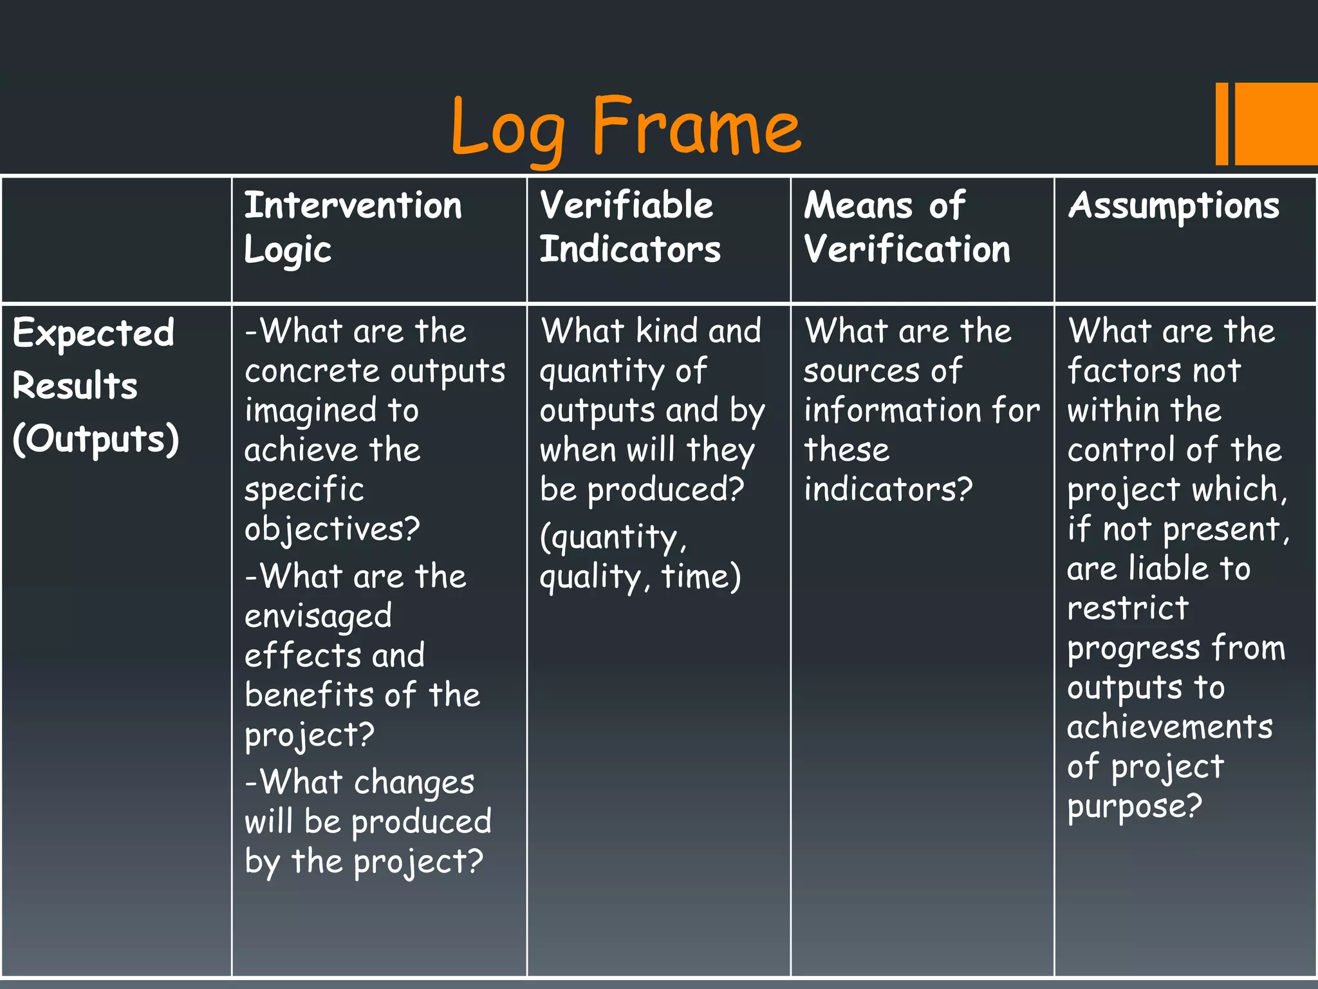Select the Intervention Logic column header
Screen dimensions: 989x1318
point(353,227)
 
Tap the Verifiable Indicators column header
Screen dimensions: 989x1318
point(629,227)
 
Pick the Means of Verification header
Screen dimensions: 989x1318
point(906,227)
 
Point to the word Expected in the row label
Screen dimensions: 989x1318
point(93,334)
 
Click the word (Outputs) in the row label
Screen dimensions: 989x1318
point(96,440)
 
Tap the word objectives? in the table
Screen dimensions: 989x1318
point(332,530)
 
